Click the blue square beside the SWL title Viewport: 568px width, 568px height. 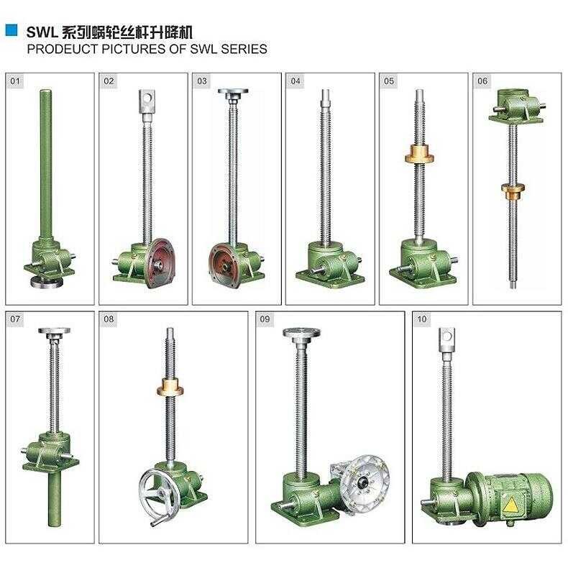[11, 30]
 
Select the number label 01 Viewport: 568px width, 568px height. [16, 81]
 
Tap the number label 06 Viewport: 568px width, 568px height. [482, 81]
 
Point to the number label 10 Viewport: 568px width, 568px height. [421, 319]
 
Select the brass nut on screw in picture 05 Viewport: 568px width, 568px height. [420, 154]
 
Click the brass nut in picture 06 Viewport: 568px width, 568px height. [511, 191]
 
